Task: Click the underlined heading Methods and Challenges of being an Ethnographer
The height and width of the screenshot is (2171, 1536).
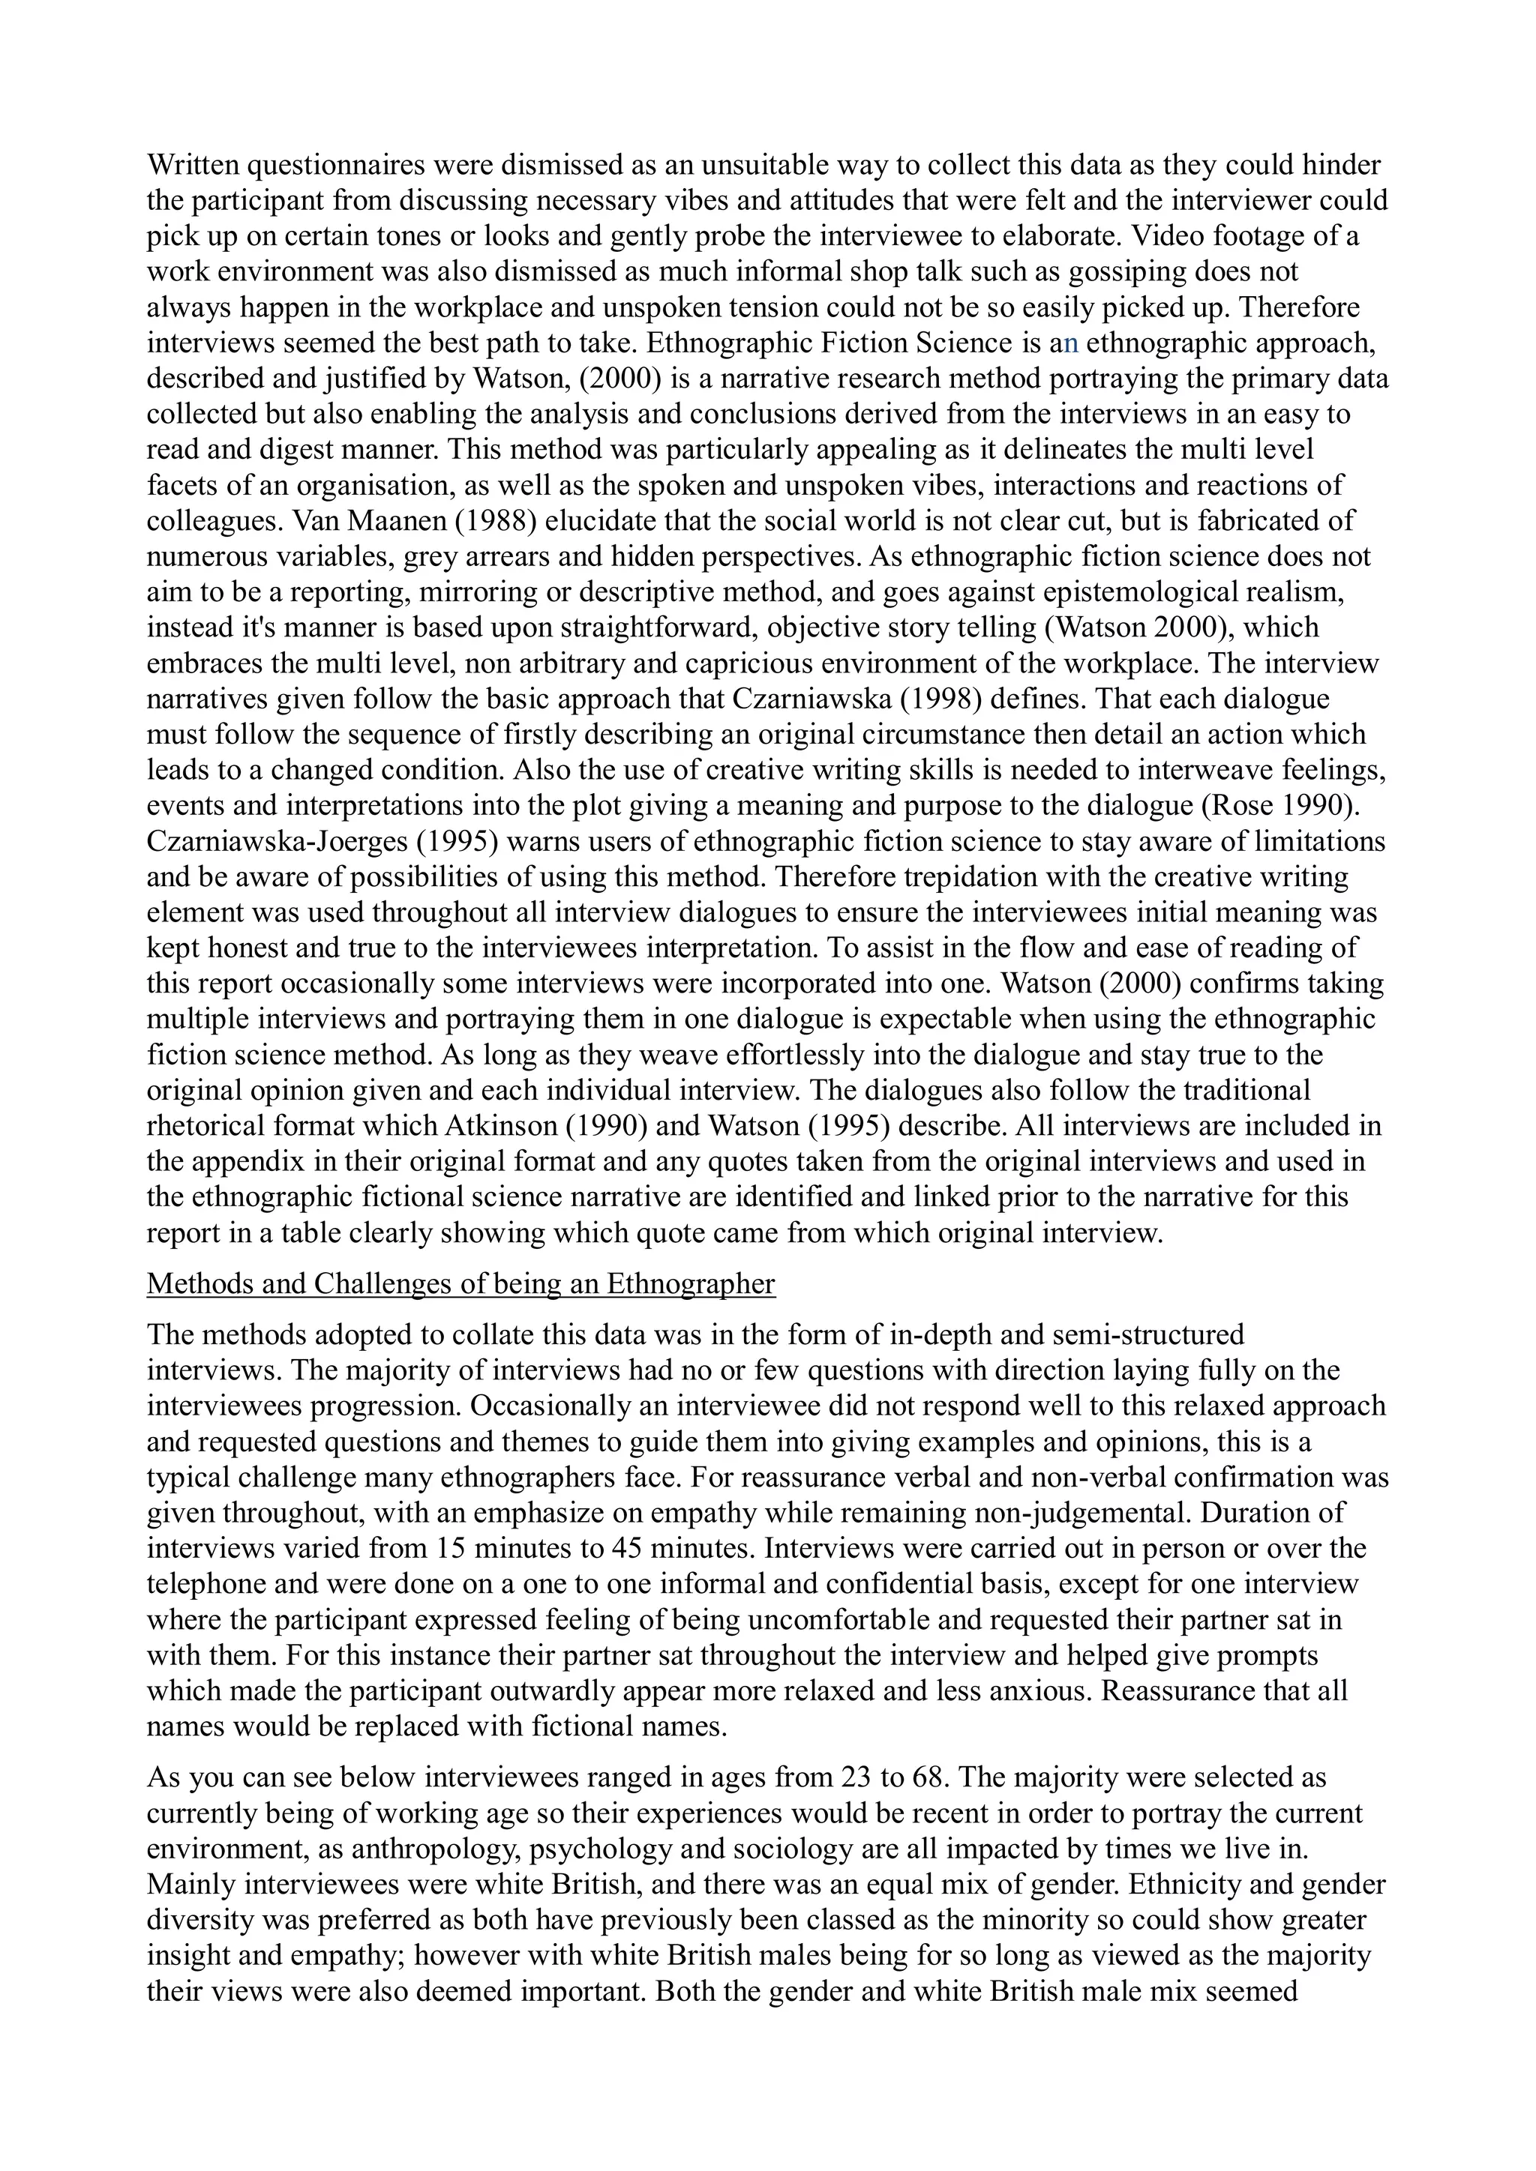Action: [460, 1284]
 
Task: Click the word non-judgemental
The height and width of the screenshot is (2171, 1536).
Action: [1077, 1513]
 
